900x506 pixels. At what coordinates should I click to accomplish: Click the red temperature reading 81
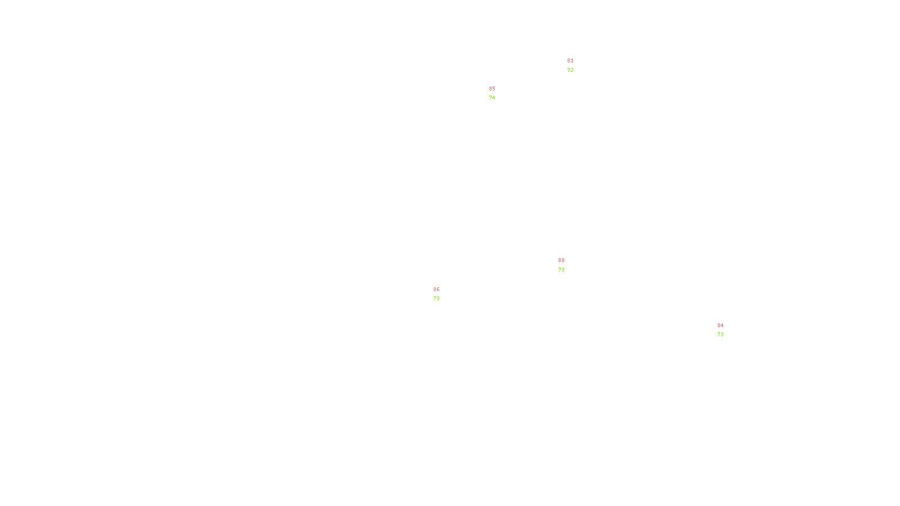point(570,61)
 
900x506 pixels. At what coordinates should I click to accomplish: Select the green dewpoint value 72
point(570,70)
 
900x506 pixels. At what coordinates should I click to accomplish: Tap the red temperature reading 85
point(492,89)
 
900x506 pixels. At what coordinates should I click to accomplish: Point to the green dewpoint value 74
point(492,98)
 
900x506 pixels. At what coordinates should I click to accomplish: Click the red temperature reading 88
point(561,260)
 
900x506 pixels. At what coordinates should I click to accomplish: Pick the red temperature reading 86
point(436,290)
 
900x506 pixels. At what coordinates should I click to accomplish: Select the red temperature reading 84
point(721,326)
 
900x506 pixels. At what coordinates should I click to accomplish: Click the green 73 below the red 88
point(561,270)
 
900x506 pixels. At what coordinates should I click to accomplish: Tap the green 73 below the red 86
point(436,299)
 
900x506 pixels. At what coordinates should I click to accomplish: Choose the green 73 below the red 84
point(721,335)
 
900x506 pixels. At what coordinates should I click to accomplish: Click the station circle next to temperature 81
point(575,66)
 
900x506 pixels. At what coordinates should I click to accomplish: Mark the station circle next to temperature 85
point(498,93)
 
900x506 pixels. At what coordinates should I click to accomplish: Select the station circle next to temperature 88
point(567,265)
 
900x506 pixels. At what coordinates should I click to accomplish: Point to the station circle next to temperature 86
point(442,294)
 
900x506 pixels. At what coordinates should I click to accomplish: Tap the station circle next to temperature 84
point(726,330)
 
